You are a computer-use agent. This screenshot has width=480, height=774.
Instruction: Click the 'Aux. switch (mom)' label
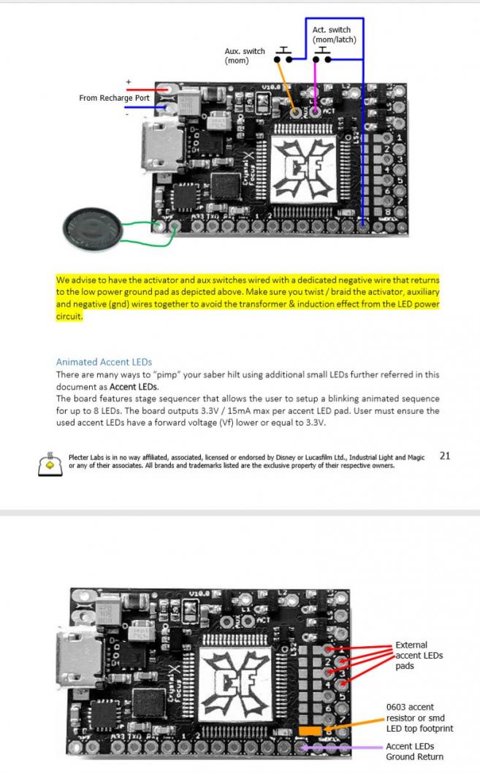pos(245,56)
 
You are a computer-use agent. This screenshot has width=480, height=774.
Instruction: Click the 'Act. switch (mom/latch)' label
pos(334,35)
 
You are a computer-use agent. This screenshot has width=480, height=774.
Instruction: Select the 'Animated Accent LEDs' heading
pos(104,362)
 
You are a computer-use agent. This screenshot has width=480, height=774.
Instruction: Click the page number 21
pos(445,456)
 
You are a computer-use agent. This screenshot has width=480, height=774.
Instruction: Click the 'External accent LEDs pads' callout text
pos(419,655)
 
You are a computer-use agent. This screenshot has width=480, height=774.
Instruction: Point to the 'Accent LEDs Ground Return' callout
pos(414,751)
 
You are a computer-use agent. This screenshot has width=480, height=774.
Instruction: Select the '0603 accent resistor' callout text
pos(419,717)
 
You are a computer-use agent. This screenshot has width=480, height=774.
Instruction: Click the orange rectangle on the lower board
pos(310,730)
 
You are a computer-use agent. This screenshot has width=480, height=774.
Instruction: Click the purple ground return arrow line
pos(343,747)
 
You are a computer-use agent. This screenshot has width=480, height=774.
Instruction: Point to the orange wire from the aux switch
pos(286,84)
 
